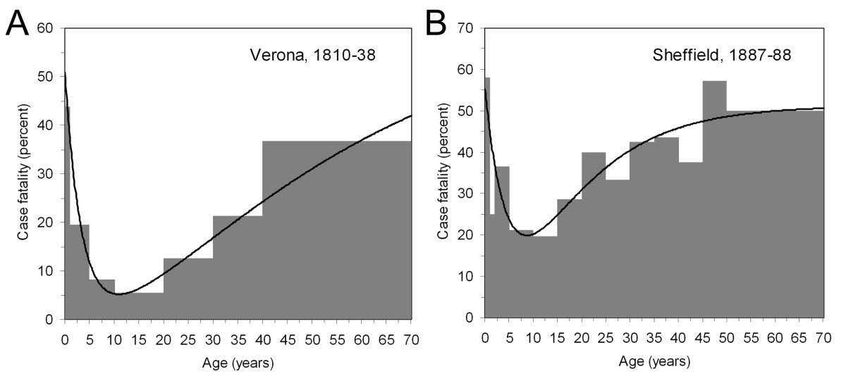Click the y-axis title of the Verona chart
[x=23, y=174]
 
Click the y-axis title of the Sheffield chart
[x=442, y=174]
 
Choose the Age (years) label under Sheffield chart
[x=654, y=363]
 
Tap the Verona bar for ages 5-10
[x=102, y=299]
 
